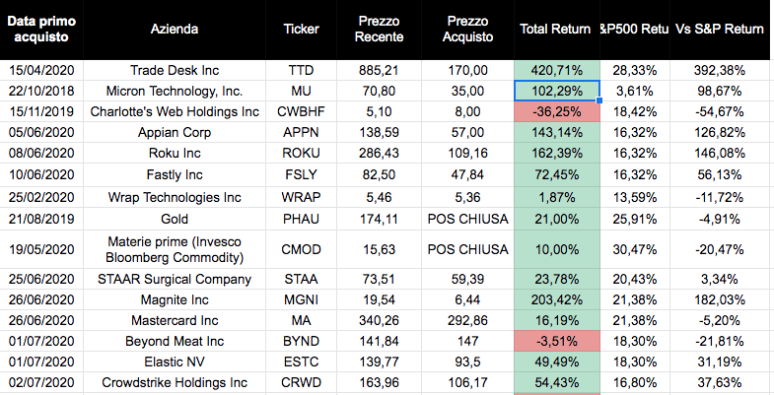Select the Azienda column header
[x=176, y=29]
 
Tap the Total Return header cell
[x=555, y=29]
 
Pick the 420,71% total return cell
[x=555, y=70]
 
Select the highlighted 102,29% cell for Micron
[x=555, y=91]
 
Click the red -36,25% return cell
[x=555, y=110]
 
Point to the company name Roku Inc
[x=176, y=154]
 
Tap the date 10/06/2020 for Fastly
[x=41, y=174]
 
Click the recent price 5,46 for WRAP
[x=381, y=196]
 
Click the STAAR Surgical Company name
[x=176, y=279]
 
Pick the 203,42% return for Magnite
[x=555, y=299]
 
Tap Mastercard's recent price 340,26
[x=381, y=320]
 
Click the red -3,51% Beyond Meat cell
[x=555, y=341]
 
